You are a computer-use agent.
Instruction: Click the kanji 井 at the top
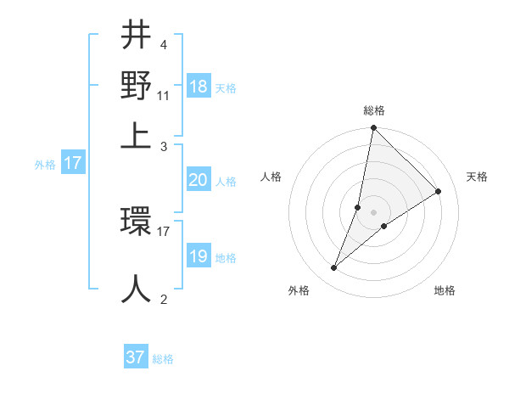click(137, 37)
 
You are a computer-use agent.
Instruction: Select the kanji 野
click(137, 86)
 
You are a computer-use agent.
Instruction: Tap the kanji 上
click(137, 134)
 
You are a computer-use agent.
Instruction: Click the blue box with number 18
click(199, 87)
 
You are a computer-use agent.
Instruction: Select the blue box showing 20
click(199, 180)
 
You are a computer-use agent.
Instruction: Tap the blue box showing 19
click(199, 256)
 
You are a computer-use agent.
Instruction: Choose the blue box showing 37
click(136, 357)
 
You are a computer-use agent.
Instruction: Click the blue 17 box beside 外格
click(73, 163)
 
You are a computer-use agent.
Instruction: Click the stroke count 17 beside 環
click(163, 230)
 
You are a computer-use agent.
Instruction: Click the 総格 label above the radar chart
click(373, 110)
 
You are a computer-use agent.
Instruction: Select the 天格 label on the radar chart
click(477, 177)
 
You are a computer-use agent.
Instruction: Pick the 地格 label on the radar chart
click(445, 290)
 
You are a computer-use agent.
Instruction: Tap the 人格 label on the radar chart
click(271, 177)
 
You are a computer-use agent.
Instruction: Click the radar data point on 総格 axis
click(373, 127)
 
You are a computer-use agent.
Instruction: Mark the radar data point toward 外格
click(334, 268)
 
